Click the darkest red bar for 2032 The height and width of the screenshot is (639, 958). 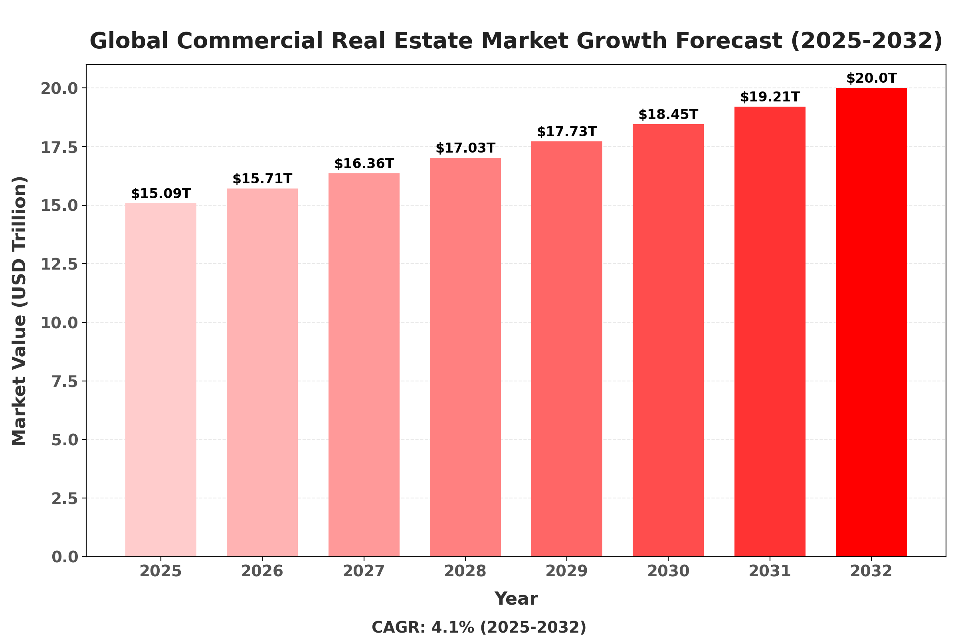871,322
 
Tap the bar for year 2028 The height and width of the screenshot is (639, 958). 465,357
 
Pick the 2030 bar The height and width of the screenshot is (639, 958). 668,340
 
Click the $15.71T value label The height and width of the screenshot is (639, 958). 262,179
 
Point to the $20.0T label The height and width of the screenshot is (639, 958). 871,78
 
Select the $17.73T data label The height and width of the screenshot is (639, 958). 566,132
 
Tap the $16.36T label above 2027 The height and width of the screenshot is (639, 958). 364,164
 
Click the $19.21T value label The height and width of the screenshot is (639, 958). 770,97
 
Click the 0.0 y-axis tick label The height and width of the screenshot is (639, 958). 64,557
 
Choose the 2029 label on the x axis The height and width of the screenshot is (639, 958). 566,572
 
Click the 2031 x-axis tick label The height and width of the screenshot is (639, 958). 770,572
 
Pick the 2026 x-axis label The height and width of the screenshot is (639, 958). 262,572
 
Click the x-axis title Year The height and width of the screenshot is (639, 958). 516,599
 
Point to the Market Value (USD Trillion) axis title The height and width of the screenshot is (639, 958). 19,311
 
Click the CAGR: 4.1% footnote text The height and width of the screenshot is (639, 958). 479,627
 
